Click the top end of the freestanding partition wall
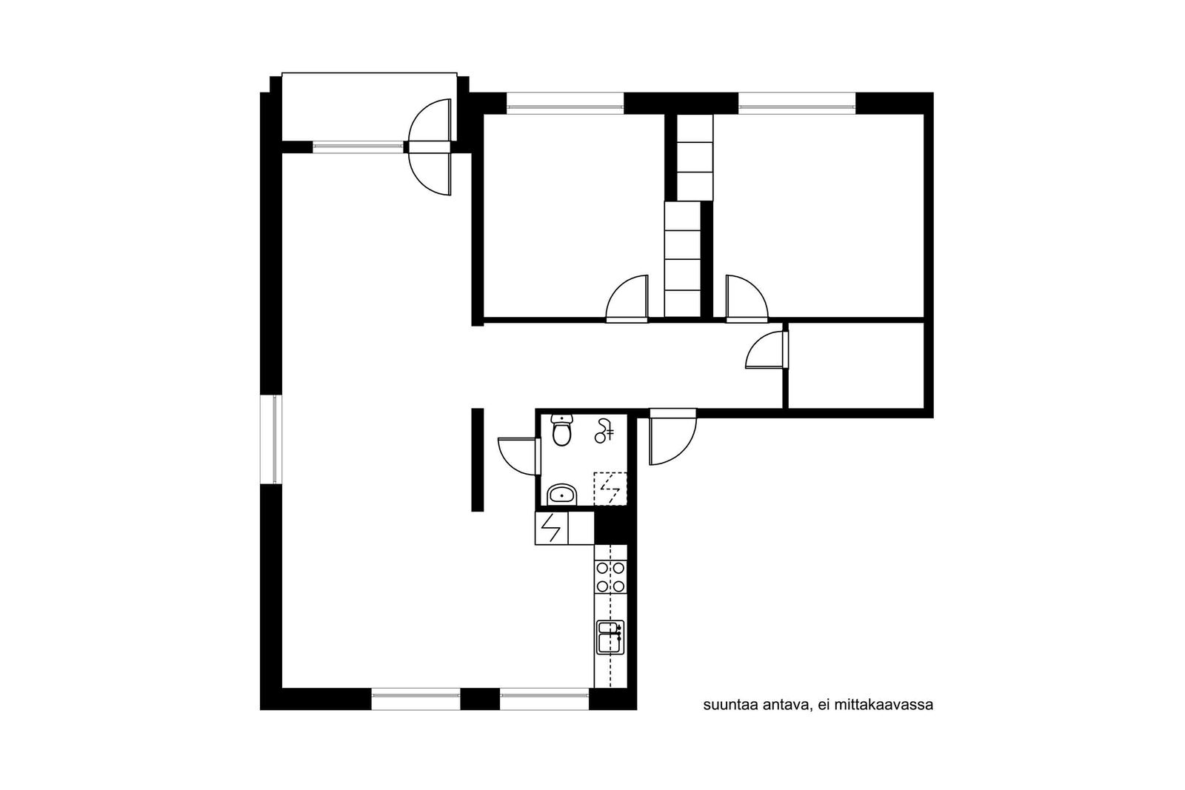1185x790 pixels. (477, 409)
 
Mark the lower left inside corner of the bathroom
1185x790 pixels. (541, 506)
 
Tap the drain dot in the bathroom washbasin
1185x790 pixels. (560, 496)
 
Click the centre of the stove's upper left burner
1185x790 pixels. (602, 568)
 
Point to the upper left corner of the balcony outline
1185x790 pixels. (282, 73)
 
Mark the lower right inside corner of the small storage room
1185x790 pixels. (924, 408)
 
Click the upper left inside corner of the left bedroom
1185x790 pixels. (484, 114)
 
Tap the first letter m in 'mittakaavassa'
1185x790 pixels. (839, 706)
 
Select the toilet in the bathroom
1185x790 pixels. (561, 430)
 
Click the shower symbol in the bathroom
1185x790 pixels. (604, 430)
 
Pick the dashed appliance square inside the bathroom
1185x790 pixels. (610, 489)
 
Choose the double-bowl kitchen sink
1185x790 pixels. (610, 637)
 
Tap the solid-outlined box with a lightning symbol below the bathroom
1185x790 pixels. (551, 528)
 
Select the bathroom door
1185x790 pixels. (519, 456)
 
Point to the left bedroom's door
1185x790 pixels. (627, 299)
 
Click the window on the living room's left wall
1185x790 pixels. (271, 439)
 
